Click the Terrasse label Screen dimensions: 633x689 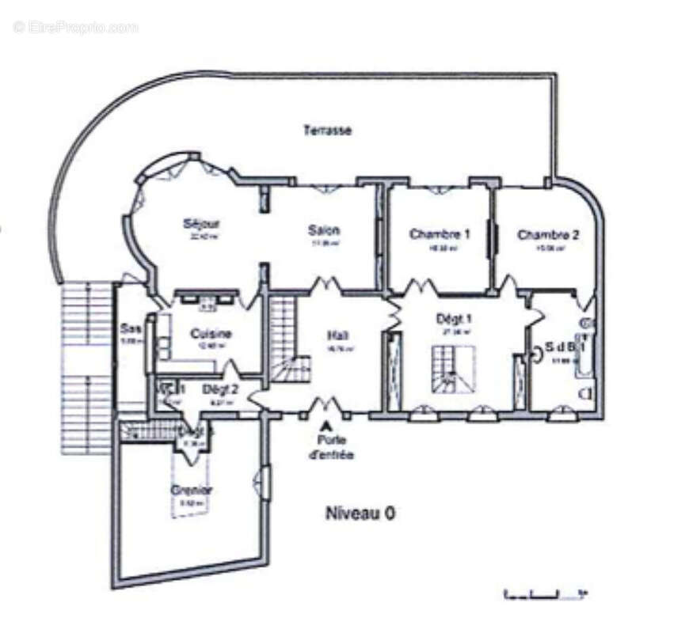coord(327,131)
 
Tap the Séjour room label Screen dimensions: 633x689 coord(201,224)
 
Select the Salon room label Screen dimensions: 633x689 coord(324,230)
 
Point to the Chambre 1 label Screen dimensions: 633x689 coord(440,234)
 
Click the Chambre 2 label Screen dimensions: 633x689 coord(548,235)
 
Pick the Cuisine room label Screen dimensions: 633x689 coord(211,334)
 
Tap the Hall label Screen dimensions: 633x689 coord(338,335)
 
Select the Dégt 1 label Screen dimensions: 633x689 coord(455,319)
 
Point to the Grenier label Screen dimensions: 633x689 coord(192,490)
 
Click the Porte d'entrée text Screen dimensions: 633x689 coord(331,447)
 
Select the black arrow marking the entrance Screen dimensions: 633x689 coord(325,426)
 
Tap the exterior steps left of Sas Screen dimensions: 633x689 coord(87,368)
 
